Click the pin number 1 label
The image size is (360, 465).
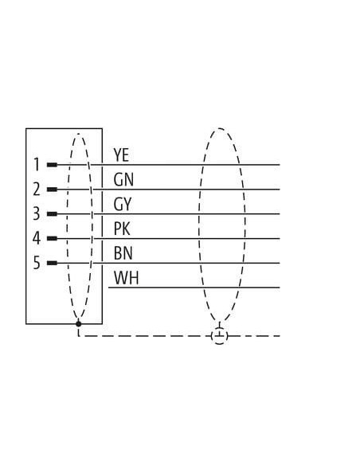(37, 165)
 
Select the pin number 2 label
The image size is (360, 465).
(36, 190)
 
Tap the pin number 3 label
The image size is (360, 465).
(36, 213)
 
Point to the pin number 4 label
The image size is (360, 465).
(36, 238)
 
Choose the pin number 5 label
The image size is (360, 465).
(36, 263)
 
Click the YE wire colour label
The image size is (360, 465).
(121, 154)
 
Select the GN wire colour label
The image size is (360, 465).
(123, 179)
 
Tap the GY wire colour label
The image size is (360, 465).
(123, 205)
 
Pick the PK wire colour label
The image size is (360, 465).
(122, 229)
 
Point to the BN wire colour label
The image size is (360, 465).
(123, 253)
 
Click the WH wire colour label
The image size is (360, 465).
(127, 278)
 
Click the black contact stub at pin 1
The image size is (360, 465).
(53, 165)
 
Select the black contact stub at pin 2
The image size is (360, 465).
(53, 190)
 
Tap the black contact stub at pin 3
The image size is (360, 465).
(53, 214)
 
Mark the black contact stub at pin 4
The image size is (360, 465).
(53, 238)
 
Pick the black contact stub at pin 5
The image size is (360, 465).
(53, 263)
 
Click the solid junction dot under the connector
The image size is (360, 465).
(78, 324)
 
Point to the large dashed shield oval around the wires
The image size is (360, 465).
(199, 225)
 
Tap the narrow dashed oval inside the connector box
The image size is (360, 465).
(68, 225)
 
